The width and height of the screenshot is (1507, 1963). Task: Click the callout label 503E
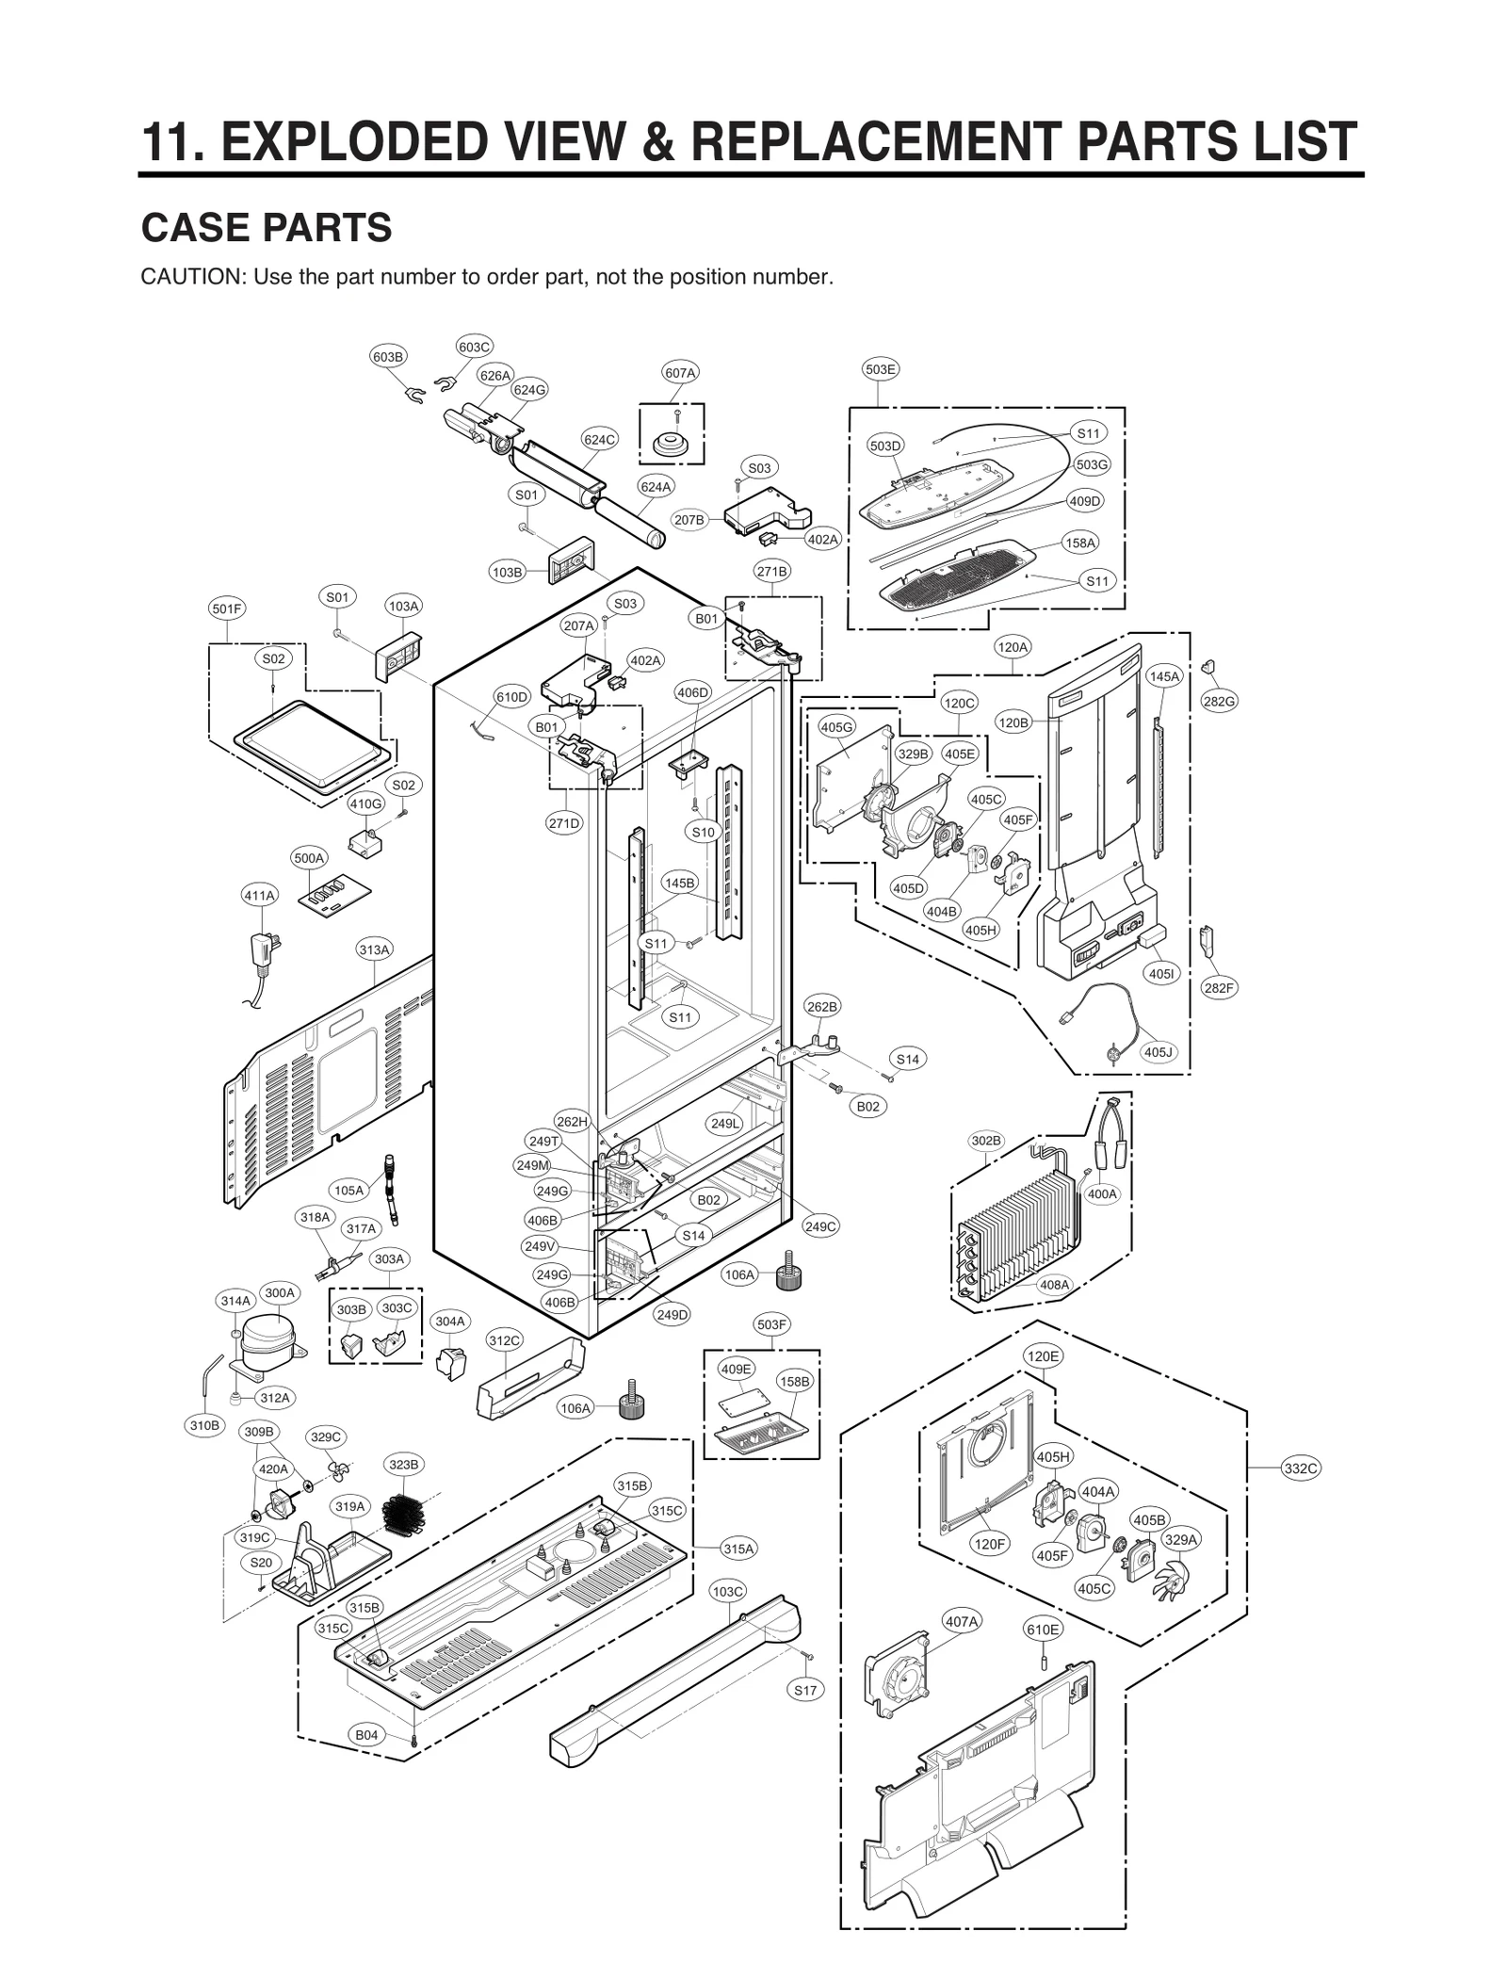coord(881,369)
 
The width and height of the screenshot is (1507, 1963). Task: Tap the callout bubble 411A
coord(259,896)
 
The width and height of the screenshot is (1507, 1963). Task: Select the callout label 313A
coord(374,949)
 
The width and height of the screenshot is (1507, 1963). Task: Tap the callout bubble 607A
coord(680,373)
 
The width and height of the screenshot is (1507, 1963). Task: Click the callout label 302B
coord(986,1141)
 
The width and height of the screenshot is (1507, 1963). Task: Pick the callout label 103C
coord(727,1592)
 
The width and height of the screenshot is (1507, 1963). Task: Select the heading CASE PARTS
coord(266,228)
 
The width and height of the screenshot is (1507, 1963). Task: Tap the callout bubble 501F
coord(226,608)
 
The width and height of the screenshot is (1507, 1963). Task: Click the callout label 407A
coord(962,1621)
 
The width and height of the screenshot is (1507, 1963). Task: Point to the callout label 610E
coord(1043,1630)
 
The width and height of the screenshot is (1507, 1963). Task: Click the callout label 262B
coord(821,1007)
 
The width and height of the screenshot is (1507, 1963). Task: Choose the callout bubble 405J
coord(1159,1051)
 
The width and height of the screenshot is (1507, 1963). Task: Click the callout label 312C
coord(504,1340)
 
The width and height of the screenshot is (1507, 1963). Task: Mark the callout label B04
coord(366,1735)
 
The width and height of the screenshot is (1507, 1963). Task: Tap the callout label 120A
coord(1013,647)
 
